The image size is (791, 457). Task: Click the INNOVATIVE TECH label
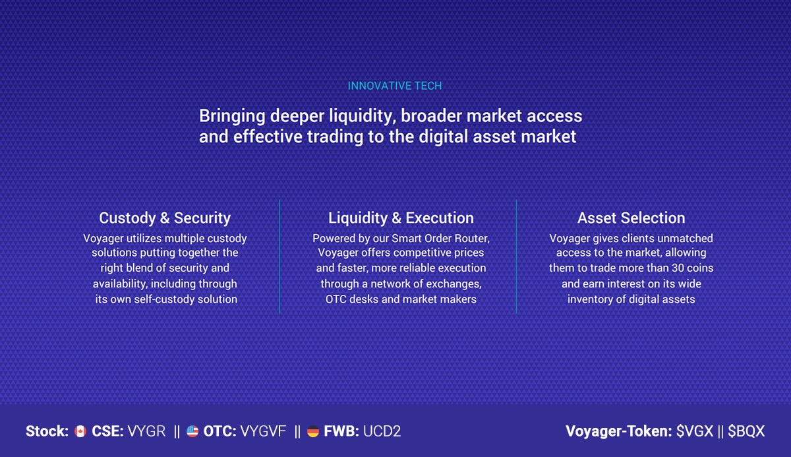point(395,86)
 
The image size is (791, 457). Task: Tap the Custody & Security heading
point(165,218)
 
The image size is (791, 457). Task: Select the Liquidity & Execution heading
point(401,218)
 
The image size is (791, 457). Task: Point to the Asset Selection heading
point(631,218)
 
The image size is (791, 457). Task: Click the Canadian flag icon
point(80,431)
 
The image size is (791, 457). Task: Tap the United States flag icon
point(192,431)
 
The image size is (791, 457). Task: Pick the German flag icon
point(313,431)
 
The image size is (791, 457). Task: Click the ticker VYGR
point(146,431)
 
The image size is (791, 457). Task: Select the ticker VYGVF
point(263,431)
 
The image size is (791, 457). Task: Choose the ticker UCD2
point(382,431)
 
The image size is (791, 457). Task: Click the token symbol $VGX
point(695,431)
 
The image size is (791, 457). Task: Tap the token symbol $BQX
point(746,431)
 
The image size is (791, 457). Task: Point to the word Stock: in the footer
point(47,431)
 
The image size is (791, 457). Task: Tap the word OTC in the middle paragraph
point(334,299)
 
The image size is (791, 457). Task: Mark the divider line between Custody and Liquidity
point(279,257)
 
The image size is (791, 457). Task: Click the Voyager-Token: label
point(619,431)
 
